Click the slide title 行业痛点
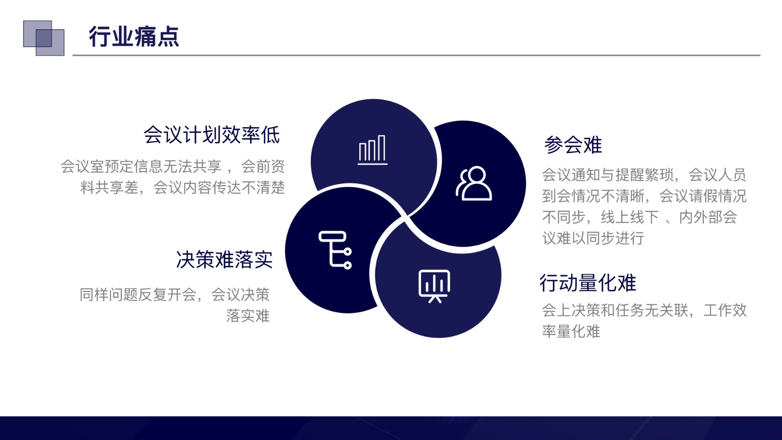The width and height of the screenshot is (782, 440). [134, 36]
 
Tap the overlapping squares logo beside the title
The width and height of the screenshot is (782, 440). [43, 38]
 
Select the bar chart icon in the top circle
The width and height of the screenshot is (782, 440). [372, 150]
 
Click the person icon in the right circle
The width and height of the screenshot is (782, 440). [474, 183]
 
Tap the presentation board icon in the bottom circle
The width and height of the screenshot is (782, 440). [434, 286]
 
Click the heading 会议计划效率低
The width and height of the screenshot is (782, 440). [212, 135]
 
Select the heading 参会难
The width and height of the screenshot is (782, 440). [573, 145]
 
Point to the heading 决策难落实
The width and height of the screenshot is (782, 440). [224, 260]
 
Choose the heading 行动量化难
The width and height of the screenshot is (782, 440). [588, 283]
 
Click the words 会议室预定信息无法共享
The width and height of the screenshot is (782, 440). [141, 166]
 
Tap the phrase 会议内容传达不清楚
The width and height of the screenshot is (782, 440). [219, 188]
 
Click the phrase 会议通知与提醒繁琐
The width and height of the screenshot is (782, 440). [608, 175]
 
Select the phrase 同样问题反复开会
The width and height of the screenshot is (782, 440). [138, 294]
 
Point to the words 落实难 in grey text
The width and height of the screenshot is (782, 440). [248, 316]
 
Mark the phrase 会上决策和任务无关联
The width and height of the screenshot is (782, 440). [615, 310]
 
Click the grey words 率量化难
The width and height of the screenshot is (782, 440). [571, 331]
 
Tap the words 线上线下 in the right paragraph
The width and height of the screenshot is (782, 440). [630, 217]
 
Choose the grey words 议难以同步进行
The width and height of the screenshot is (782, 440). [593, 238]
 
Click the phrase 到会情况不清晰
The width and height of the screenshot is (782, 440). [593, 196]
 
